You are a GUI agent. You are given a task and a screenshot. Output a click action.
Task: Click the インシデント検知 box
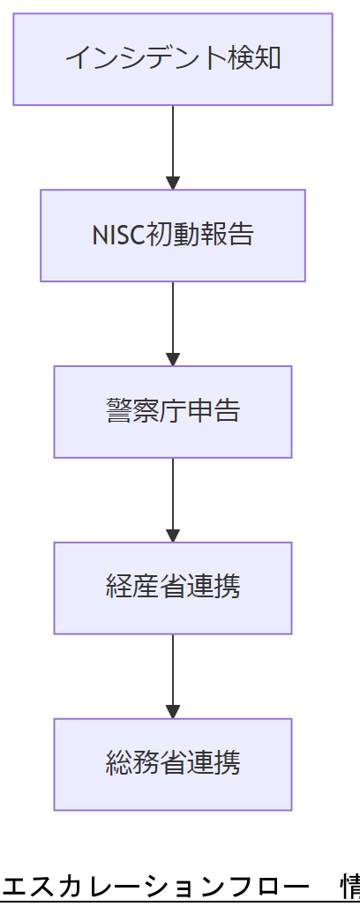click(172, 59)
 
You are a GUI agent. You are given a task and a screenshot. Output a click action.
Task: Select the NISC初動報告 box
click(172, 236)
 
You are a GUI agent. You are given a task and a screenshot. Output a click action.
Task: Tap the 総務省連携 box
click(172, 764)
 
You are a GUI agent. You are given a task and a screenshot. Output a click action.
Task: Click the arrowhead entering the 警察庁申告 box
click(173, 359)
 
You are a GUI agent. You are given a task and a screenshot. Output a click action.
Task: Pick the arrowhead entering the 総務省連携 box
click(173, 712)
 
